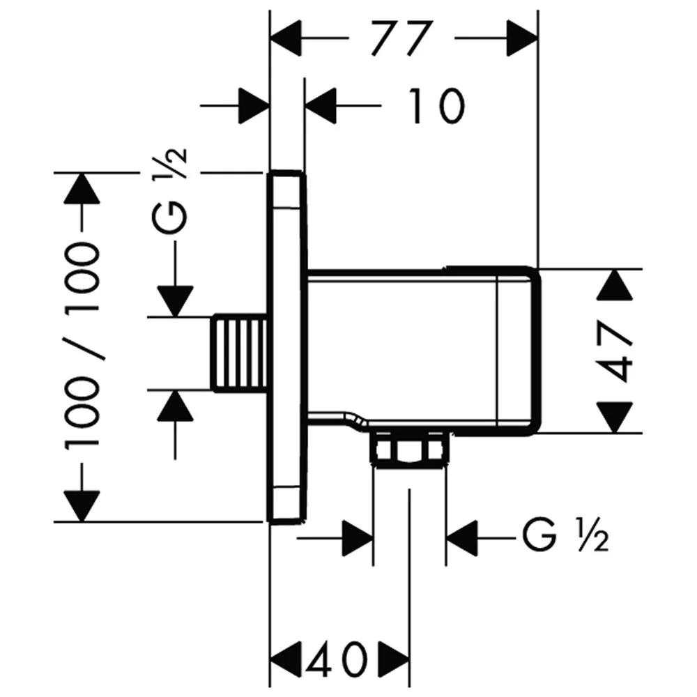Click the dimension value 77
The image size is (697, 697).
pyautogui.click(x=401, y=38)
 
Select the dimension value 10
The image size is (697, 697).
pyautogui.click(x=436, y=106)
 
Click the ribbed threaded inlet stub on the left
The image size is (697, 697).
pyautogui.click(x=240, y=354)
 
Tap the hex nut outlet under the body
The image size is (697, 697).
pyautogui.click(x=409, y=449)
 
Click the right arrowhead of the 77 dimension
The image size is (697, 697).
pyautogui.click(x=522, y=38)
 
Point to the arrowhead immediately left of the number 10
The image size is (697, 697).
pyautogui.click(x=321, y=106)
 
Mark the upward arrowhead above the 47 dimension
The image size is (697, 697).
pyautogui.click(x=615, y=284)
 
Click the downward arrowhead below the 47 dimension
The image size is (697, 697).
pyautogui.click(x=615, y=417)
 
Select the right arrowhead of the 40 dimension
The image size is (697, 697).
pyautogui.click(x=394, y=659)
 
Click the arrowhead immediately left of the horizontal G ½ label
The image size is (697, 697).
pyautogui.click(x=462, y=538)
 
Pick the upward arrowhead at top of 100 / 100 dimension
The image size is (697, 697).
pyautogui.click(x=82, y=188)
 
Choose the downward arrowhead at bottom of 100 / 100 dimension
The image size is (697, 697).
pyautogui.click(x=82, y=506)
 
